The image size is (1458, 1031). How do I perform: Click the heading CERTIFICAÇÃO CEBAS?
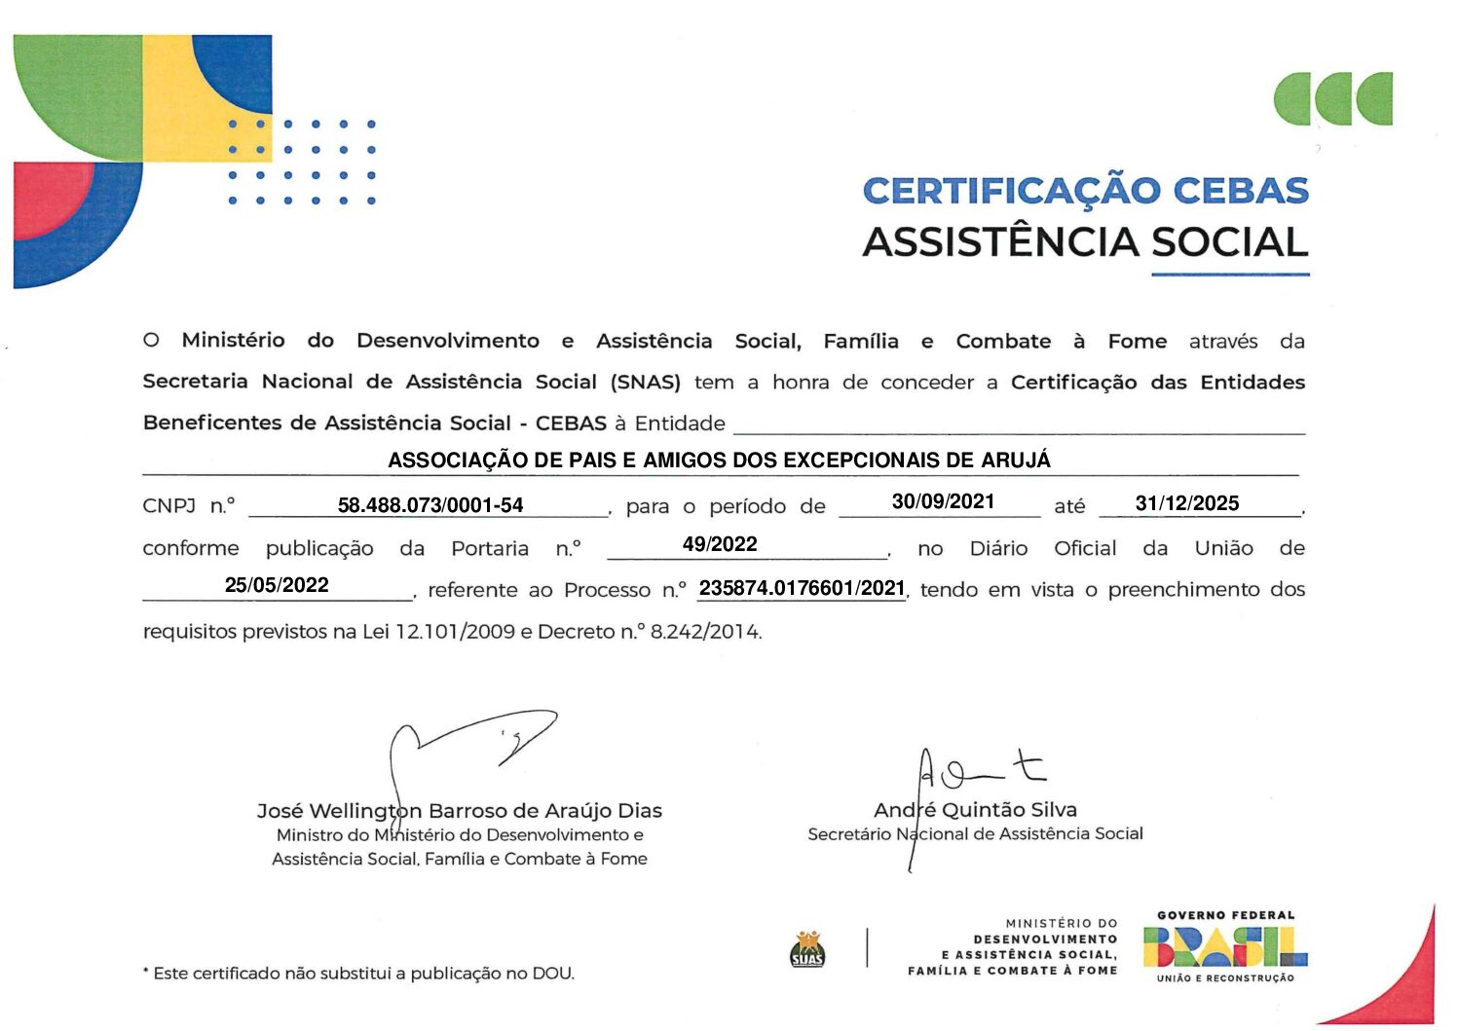coord(1085,191)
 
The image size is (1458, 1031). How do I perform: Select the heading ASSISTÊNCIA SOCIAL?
coord(1085,242)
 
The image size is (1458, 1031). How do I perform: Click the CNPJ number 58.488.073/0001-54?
coord(430,505)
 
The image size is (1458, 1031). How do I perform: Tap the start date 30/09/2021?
coord(943,501)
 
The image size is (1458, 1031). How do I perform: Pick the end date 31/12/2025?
coord(1186,503)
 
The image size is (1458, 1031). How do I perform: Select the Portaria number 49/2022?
coord(720,544)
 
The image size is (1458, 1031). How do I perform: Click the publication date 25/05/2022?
coord(277,585)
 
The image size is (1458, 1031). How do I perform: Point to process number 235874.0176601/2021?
coord(802,588)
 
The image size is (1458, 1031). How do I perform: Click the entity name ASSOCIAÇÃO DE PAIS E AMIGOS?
coord(719,460)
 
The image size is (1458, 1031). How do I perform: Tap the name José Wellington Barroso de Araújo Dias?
coord(459,810)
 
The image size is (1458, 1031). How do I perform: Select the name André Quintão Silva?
coord(975,809)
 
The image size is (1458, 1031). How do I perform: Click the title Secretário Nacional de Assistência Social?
coord(975,833)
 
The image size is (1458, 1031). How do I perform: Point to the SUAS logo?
coord(807,949)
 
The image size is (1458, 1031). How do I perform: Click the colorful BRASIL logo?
coord(1225,946)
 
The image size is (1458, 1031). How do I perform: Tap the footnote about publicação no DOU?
coord(358,973)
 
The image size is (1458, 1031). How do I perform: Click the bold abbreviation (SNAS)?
coord(645,382)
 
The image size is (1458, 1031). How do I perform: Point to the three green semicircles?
coord(1332,98)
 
